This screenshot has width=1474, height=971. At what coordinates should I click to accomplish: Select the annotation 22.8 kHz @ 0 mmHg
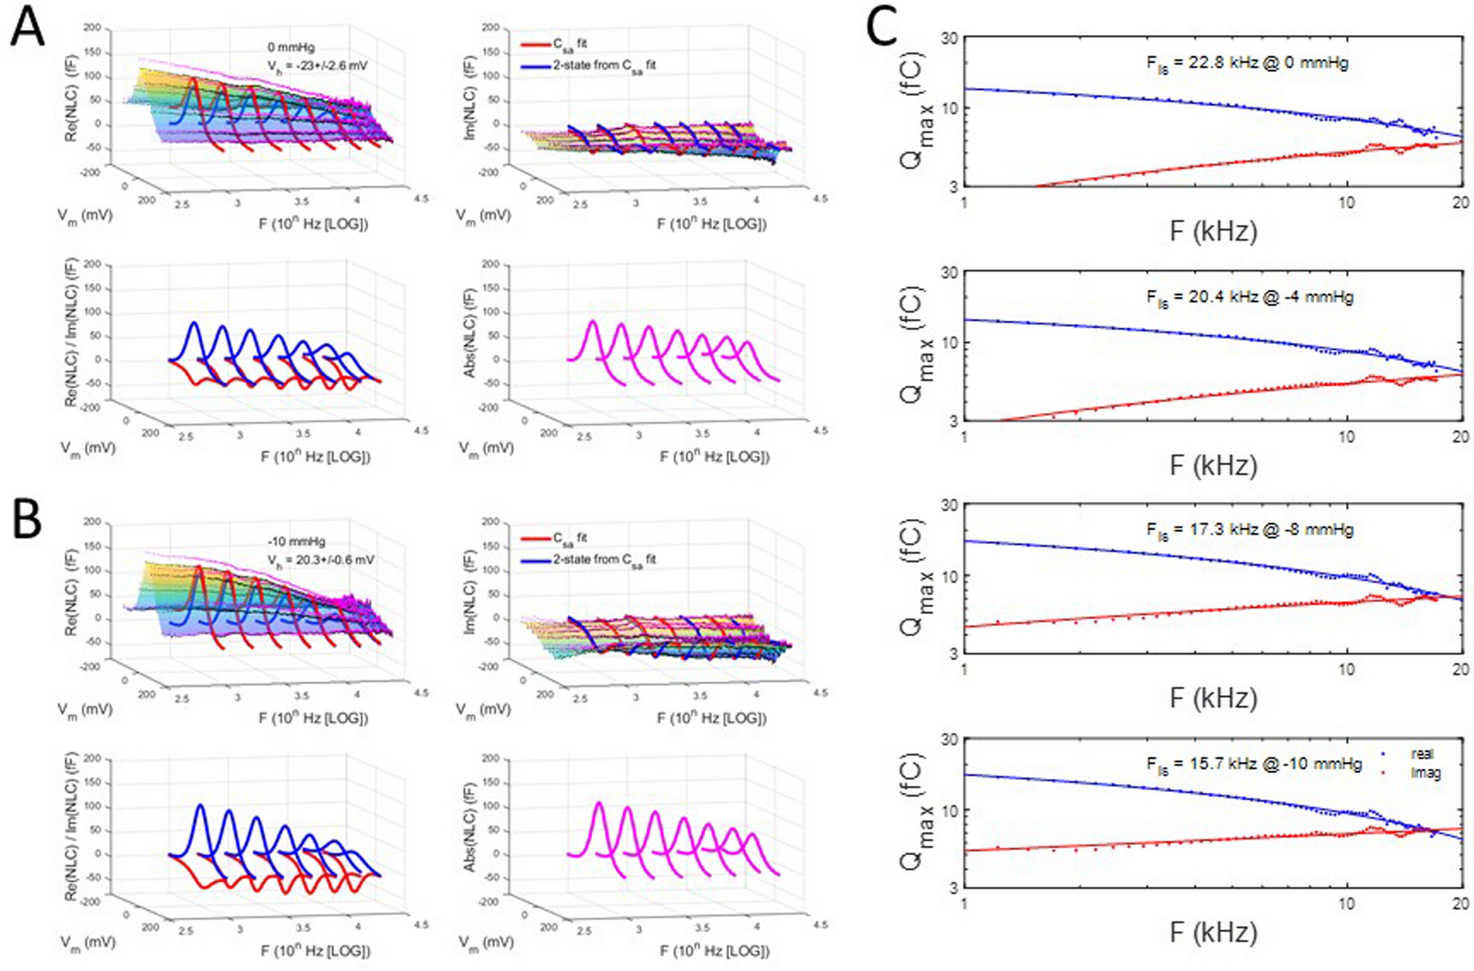click(1247, 62)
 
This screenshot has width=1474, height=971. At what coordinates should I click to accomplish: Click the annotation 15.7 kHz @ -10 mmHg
click(1253, 764)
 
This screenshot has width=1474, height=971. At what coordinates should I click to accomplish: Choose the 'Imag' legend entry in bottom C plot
click(1425, 773)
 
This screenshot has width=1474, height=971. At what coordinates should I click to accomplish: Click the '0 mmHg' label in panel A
click(291, 47)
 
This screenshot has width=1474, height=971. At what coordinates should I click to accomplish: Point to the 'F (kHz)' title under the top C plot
click(1213, 231)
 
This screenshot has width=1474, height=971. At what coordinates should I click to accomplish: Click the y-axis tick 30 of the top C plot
click(947, 37)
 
